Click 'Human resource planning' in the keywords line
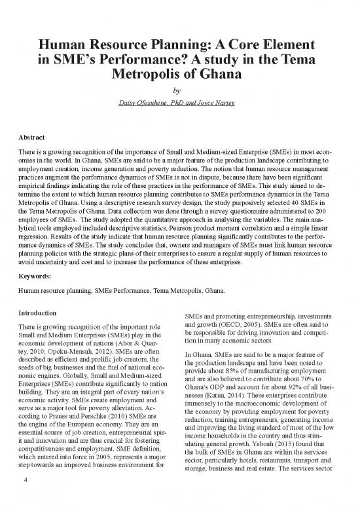click(x=52, y=290)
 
